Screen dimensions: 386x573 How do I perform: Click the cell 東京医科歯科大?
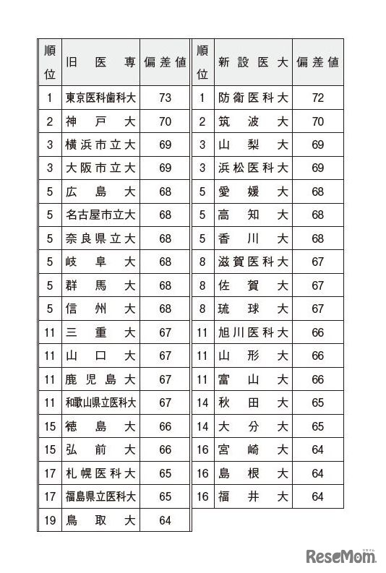tap(100, 98)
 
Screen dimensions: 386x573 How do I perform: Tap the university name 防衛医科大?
tap(253, 98)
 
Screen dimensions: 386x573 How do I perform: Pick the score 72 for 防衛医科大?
tap(318, 98)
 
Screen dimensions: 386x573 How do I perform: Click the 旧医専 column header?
tap(100, 62)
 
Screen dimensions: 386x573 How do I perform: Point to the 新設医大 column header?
tap(253, 62)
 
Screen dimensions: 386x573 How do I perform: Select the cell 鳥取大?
tap(100, 520)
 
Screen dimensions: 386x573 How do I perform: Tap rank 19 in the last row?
tap(49, 520)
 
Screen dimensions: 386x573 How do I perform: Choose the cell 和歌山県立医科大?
tap(100, 402)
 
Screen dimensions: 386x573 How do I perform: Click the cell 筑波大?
tap(253, 121)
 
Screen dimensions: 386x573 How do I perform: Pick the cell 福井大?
tap(253, 496)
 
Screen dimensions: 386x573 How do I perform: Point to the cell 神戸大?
tap(100, 121)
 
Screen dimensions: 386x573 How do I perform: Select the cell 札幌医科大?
tap(100, 473)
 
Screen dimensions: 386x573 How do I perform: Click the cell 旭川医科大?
tap(253, 332)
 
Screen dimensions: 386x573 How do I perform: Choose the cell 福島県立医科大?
tap(100, 496)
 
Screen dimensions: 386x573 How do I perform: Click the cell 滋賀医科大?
tap(253, 262)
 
